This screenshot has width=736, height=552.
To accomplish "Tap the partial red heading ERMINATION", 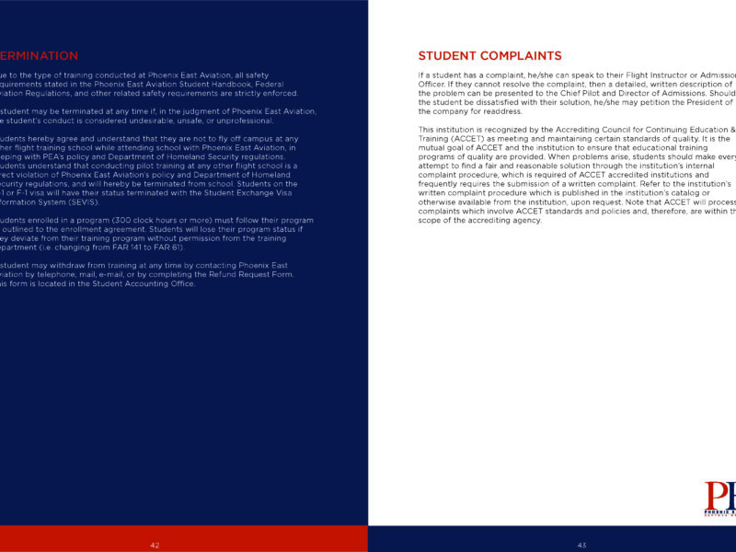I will pyautogui.click(x=39, y=56).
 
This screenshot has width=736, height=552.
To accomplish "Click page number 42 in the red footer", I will pyautogui.click(x=155, y=546).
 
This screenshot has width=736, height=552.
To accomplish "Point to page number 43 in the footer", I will pyautogui.click(x=581, y=546).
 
